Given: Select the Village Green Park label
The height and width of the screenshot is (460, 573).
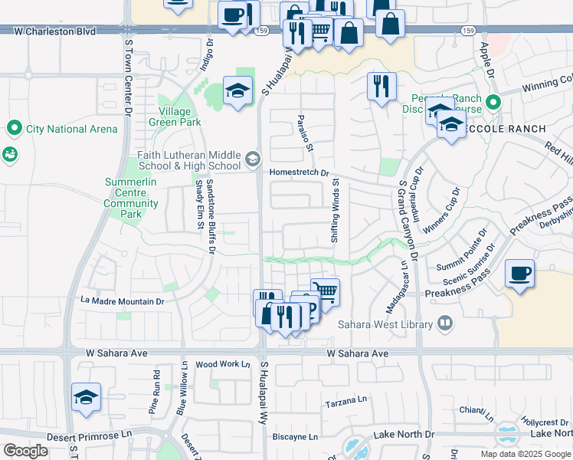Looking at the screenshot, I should (175, 117).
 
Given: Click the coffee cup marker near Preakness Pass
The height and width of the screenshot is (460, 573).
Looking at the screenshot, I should (519, 274).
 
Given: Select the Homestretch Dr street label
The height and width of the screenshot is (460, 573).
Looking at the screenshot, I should (299, 172).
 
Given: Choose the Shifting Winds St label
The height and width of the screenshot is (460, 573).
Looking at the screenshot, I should (335, 212).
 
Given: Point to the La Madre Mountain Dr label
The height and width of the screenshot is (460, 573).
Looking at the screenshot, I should (123, 301).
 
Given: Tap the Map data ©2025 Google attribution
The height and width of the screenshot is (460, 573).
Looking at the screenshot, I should (525, 454).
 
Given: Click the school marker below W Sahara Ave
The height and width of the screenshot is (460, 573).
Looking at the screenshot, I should (85, 398).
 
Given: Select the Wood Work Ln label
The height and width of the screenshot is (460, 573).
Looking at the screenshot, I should (223, 364).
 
